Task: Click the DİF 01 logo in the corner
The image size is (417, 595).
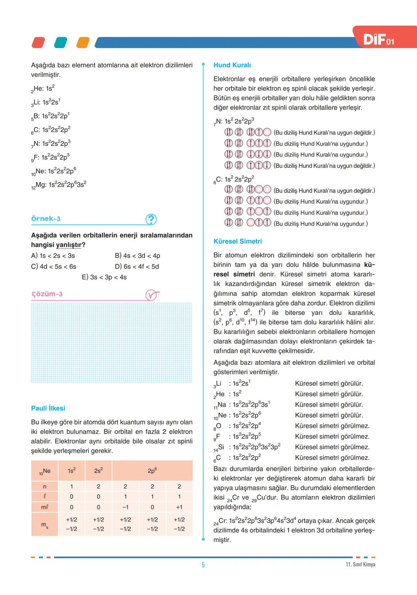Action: pyautogui.click(x=379, y=39)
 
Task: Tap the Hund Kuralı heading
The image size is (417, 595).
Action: pyautogui.click(x=232, y=65)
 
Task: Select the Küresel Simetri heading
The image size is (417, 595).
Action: pyautogui.click(x=237, y=241)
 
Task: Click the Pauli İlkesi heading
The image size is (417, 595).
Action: pyautogui.click(x=48, y=408)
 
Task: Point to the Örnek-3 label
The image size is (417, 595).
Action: pyautogui.click(x=46, y=219)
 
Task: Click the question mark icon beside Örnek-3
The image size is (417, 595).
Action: pyautogui.click(x=151, y=220)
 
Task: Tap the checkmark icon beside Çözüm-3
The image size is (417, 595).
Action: pyautogui.click(x=152, y=295)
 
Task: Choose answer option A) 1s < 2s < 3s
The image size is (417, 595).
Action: pyautogui.click(x=53, y=256)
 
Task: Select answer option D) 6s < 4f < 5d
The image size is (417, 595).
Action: pyautogui.click(x=137, y=266)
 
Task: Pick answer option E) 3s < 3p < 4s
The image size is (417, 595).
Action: pyautogui.click(x=104, y=277)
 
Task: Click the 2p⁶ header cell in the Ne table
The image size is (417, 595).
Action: pyautogui.click(x=152, y=471)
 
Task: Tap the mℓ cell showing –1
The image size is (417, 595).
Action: pyautogui.click(x=125, y=507)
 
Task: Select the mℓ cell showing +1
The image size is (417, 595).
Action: pyautogui.click(x=179, y=507)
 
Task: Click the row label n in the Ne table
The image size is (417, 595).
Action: pyautogui.click(x=44, y=486)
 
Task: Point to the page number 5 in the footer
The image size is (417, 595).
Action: pyautogui.click(x=203, y=565)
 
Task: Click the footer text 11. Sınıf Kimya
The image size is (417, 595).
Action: pyautogui.click(x=360, y=564)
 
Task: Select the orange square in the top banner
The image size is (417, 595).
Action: pyautogui.click(x=83, y=43)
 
